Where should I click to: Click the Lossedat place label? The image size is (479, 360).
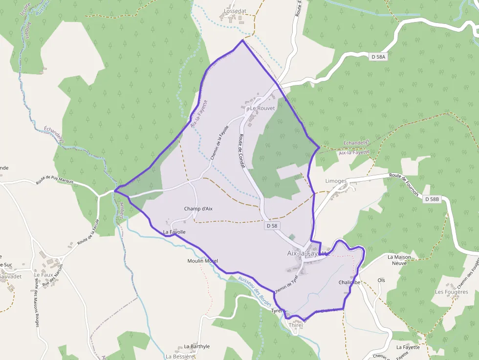pyautogui.click(x=235, y=10)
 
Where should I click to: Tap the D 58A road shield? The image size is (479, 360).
pyautogui.click(x=378, y=57)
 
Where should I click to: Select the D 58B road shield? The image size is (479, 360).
pyautogui.click(x=432, y=199)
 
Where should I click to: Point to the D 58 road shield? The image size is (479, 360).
pyautogui.click(x=272, y=226)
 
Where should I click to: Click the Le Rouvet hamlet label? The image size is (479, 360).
pyautogui.click(x=262, y=108)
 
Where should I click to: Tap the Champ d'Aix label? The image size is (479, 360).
pyautogui.click(x=198, y=209)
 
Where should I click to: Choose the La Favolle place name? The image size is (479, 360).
pyautogui.click(x=174, y=232)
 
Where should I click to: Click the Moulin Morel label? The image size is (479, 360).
pyautogui.click(x=202, y=261)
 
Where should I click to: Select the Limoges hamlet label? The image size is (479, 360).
pyautogui.click(x=336, y=181)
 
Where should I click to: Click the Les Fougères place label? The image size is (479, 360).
pyautogui.click(x=451, y=292)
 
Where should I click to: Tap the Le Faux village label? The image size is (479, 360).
pyautogui.click(x=43, y=275)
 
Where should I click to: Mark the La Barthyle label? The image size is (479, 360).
pyautogui.click(x=196, y=346)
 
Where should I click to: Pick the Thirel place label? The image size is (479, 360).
pyautogui.click(x=296, y=325)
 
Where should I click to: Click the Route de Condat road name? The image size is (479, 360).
pyautogui.click(x=241, y=151)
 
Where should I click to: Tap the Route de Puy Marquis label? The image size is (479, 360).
pyautogui.click(x=55, y=181)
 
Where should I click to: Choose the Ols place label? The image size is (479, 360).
pyautogui.click(x=381, y=280)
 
